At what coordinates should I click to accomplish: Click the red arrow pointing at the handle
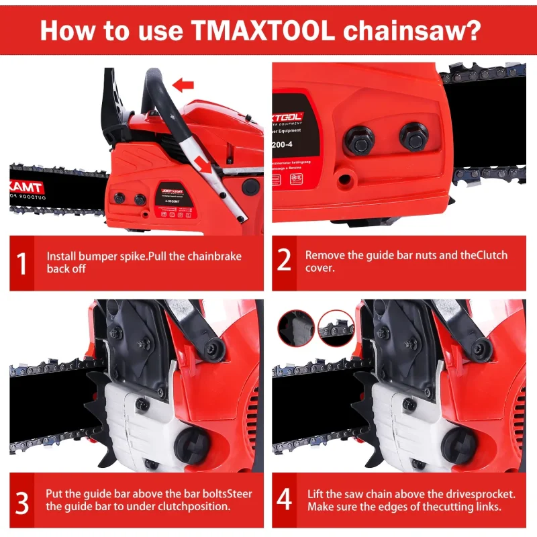coord(183,85)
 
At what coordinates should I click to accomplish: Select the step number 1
coord(22,263)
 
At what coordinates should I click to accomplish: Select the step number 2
coord(285,260)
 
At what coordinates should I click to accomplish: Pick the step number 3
coord(22,500)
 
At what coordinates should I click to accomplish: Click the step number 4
coord(285,500)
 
